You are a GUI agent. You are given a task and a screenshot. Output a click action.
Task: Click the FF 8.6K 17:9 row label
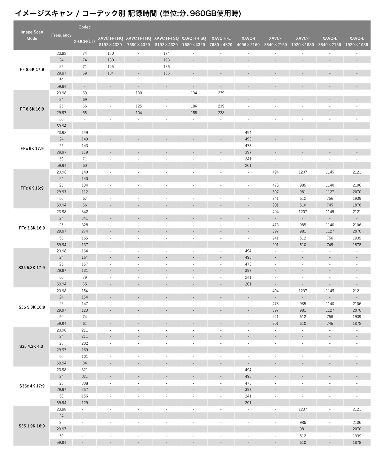(32, 70)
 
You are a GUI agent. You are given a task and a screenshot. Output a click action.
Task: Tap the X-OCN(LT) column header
(84, 42)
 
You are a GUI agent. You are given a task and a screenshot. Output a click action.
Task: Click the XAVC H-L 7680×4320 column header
(221, 42)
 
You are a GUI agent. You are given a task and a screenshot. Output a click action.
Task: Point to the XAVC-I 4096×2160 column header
(248, 42)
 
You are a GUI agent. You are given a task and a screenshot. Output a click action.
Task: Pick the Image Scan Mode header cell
(32, 35)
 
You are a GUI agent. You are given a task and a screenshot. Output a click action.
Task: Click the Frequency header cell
(61, 35)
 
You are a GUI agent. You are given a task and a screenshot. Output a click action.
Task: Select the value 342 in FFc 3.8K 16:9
(84, 212)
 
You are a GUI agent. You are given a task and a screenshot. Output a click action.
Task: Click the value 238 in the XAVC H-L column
(221, 113)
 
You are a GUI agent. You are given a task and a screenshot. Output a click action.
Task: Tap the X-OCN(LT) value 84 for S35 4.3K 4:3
(84, 363)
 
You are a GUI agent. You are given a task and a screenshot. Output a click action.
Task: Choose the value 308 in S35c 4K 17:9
(84, 383)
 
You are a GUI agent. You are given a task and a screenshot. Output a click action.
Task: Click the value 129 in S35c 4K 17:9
(84, 403)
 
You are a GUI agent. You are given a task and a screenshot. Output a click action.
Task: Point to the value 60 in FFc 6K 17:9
(84, 166)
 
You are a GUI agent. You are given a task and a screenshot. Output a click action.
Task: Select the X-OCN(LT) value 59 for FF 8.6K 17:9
(84, 73)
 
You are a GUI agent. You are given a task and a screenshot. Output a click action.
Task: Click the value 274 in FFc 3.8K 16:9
(84, 231)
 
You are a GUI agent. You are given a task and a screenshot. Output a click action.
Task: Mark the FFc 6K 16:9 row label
(32, 188)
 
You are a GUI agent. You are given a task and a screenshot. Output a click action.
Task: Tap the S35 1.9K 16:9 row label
(32, 426)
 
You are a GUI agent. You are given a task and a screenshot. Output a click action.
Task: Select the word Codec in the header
(84, 27)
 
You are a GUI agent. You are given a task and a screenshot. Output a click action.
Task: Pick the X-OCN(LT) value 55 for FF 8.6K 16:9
(84, 113)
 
